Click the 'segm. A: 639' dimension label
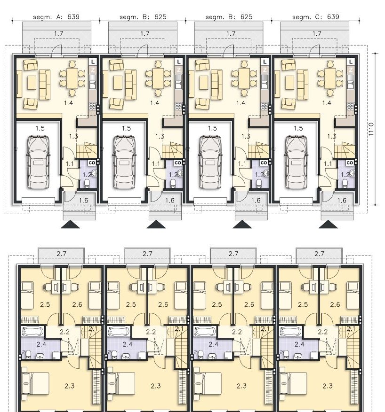(x=56, y=17)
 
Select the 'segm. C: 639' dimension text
(x=315, y=17)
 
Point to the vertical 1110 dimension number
(x=371, y=129)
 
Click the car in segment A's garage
(x=38, y=162)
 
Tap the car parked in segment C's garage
(x=296, y=162)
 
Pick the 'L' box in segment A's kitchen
(x=93, y=62)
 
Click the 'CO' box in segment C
(x=350, y=163)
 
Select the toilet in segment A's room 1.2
(x=88, y=183)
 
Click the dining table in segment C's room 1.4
(x=330, y=78)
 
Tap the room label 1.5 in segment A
(x=40, y=129)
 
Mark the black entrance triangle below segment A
(x=70, y=225)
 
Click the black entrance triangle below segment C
(x=328, y=225)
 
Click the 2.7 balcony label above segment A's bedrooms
(x=61, y=254)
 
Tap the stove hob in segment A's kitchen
(x=93, y=106)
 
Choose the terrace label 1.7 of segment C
(x=317, y=34)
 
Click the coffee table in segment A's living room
(x=32, y=83)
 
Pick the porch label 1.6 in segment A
(x=83, y=201)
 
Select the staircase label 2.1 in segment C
(x=351, y=329)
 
